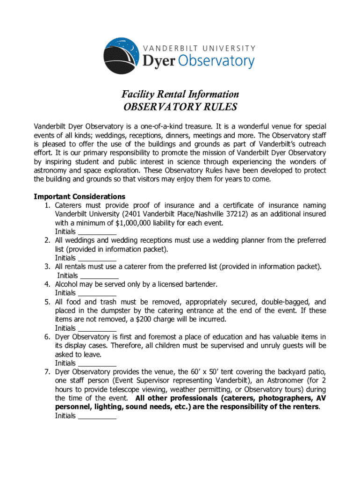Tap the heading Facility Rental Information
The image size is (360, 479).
coord(180,94)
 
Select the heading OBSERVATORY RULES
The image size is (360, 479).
coord(180,107)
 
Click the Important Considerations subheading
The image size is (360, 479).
coord(79,196)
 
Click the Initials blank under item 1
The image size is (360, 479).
coord(97,232)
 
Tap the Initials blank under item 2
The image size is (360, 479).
coord(97,258)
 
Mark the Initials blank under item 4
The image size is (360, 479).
coord(97,293)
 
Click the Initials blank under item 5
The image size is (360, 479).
coord(97,328)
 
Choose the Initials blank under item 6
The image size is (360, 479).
coord(97,363)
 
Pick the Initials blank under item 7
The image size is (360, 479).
coord(97,416)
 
